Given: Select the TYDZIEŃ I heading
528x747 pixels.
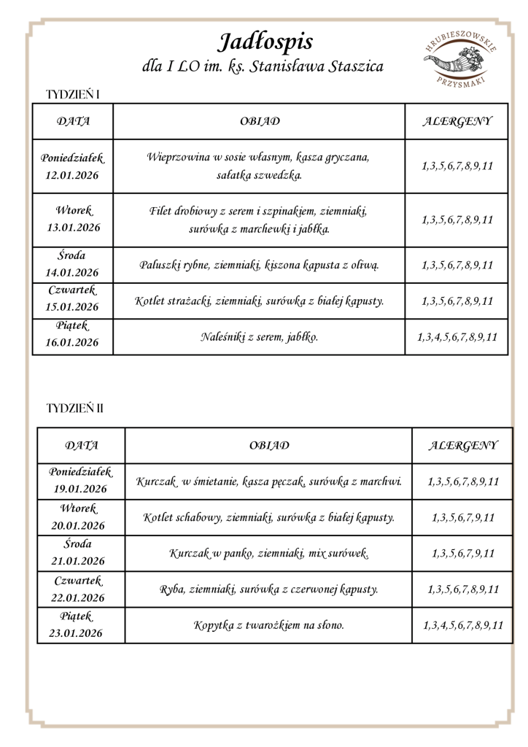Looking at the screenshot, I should [x=72, y=95].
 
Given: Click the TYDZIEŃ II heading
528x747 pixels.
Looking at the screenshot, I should [x=74, y=407].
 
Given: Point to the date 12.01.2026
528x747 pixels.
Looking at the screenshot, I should [x=72, y=175].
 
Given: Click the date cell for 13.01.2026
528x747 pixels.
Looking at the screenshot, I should [x=72, y=220].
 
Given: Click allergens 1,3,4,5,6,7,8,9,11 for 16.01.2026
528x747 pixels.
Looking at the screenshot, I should [x=457, y=337].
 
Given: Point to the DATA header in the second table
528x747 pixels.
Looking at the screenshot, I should [x=82, y=444].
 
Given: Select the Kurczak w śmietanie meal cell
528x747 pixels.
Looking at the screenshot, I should [x=269, y=481].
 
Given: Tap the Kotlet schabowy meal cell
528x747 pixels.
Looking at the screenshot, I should [x=269, y=517].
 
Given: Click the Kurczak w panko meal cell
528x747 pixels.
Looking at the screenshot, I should [x=269, y=554].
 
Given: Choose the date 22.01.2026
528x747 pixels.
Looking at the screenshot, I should [x=77, y=597].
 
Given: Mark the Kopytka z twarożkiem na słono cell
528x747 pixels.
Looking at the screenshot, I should [x=269, y=625].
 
